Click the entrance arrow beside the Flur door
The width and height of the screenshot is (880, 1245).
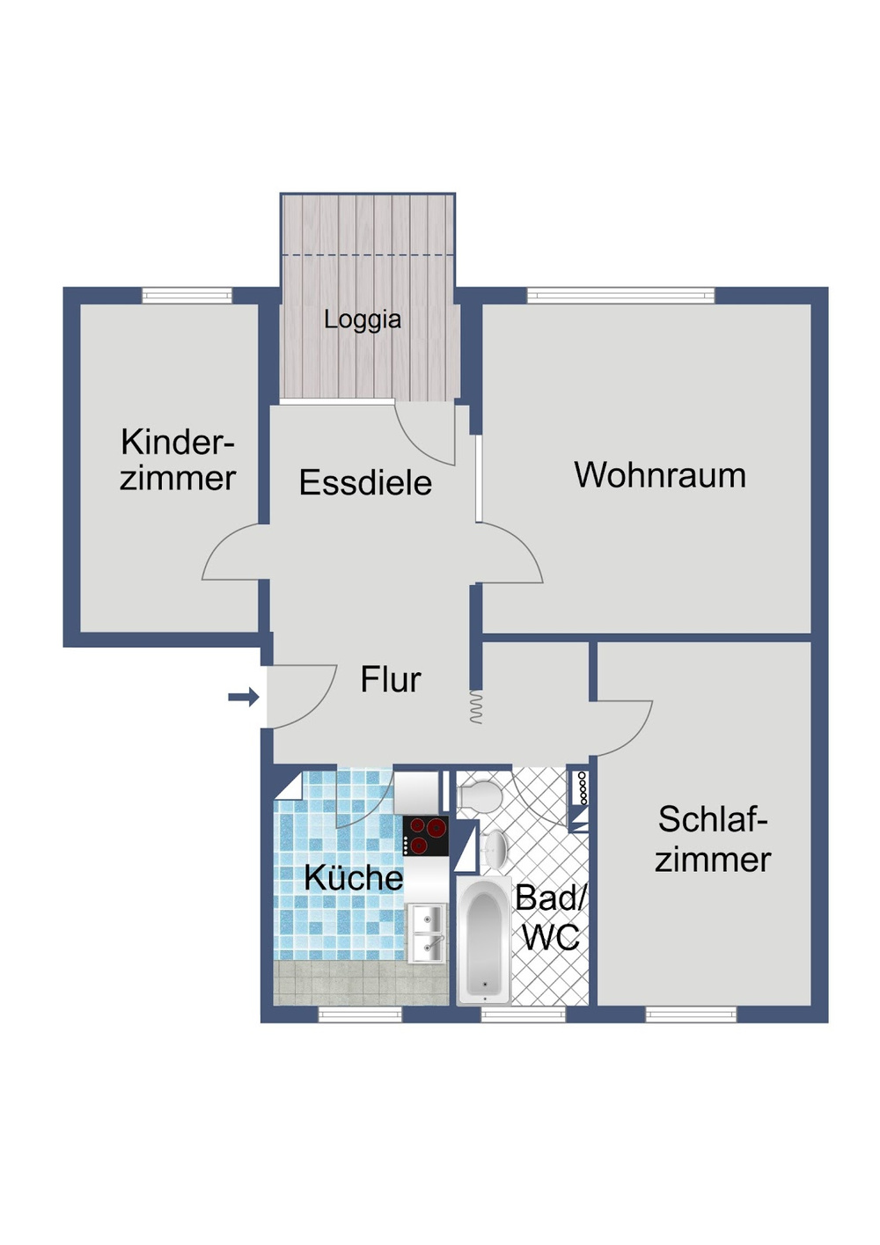point(243,698)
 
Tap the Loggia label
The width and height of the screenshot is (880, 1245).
point(362,319)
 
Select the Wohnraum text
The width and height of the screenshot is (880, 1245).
point(660,475)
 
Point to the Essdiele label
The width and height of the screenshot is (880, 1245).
point(365,483)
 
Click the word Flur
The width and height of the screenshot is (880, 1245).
point(391,680)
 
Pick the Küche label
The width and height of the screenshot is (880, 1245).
point(353,877)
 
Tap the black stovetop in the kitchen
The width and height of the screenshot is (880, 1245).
point(426,836)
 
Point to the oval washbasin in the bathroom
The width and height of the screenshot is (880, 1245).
point(495,848)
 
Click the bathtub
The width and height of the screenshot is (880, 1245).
point(483,941)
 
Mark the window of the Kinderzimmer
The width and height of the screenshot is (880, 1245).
point(187,296)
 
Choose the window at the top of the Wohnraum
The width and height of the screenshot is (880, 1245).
point(620,296)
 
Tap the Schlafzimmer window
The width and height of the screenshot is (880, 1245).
point(691,1014)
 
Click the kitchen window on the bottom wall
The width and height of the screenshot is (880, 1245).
point(359,1014)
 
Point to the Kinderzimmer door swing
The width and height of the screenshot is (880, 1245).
point(234,554)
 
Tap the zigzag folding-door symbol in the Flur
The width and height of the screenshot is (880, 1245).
point(476,707)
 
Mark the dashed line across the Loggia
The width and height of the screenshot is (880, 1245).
point(368,255)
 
